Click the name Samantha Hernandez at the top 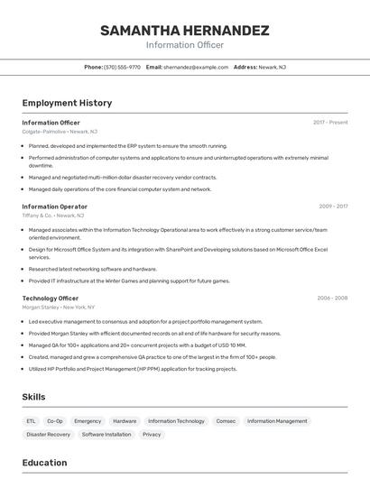[x=184, y=31]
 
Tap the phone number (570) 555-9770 [x=122, y=67]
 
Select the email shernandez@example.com [x=196, y=67]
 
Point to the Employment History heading [x=67, y=103]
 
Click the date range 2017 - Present [x=330, y=122]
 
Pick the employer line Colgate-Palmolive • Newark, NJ [x=60, y=132]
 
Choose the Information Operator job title [x=55, y=207]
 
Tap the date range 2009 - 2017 [x=333, y=207]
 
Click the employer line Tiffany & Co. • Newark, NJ [x=53, y=216]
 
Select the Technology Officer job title [x=51, y=298]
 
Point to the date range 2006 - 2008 [x=332, y=298]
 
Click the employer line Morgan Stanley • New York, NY [x=59, y=308]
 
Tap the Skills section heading [x=34, y=396]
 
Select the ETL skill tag [x=31, y=421]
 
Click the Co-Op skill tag [x=55, y=421]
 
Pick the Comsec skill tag [x=226, y=421]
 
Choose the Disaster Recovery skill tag [x=48, y=435]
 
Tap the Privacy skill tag [x=152, y=435]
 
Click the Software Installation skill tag [x=106, y=435]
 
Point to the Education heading [x=44, y=463]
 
